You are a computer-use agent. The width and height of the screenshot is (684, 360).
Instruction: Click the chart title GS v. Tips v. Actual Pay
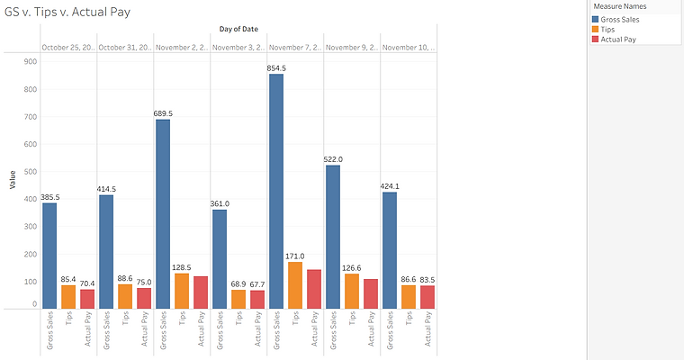64,13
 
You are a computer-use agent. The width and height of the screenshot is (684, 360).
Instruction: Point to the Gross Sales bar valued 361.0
220,260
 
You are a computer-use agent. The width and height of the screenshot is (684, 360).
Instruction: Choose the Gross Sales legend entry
621,20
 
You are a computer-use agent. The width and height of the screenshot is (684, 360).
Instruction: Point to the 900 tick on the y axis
30,61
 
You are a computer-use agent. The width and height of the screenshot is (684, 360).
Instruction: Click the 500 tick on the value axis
30,172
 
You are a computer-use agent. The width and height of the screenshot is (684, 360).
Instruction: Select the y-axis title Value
13,180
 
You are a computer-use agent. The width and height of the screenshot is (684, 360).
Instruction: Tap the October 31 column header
124,47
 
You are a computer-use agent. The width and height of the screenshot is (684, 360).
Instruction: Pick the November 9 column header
351,47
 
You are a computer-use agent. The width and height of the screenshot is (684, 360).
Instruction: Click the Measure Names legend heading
618,7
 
